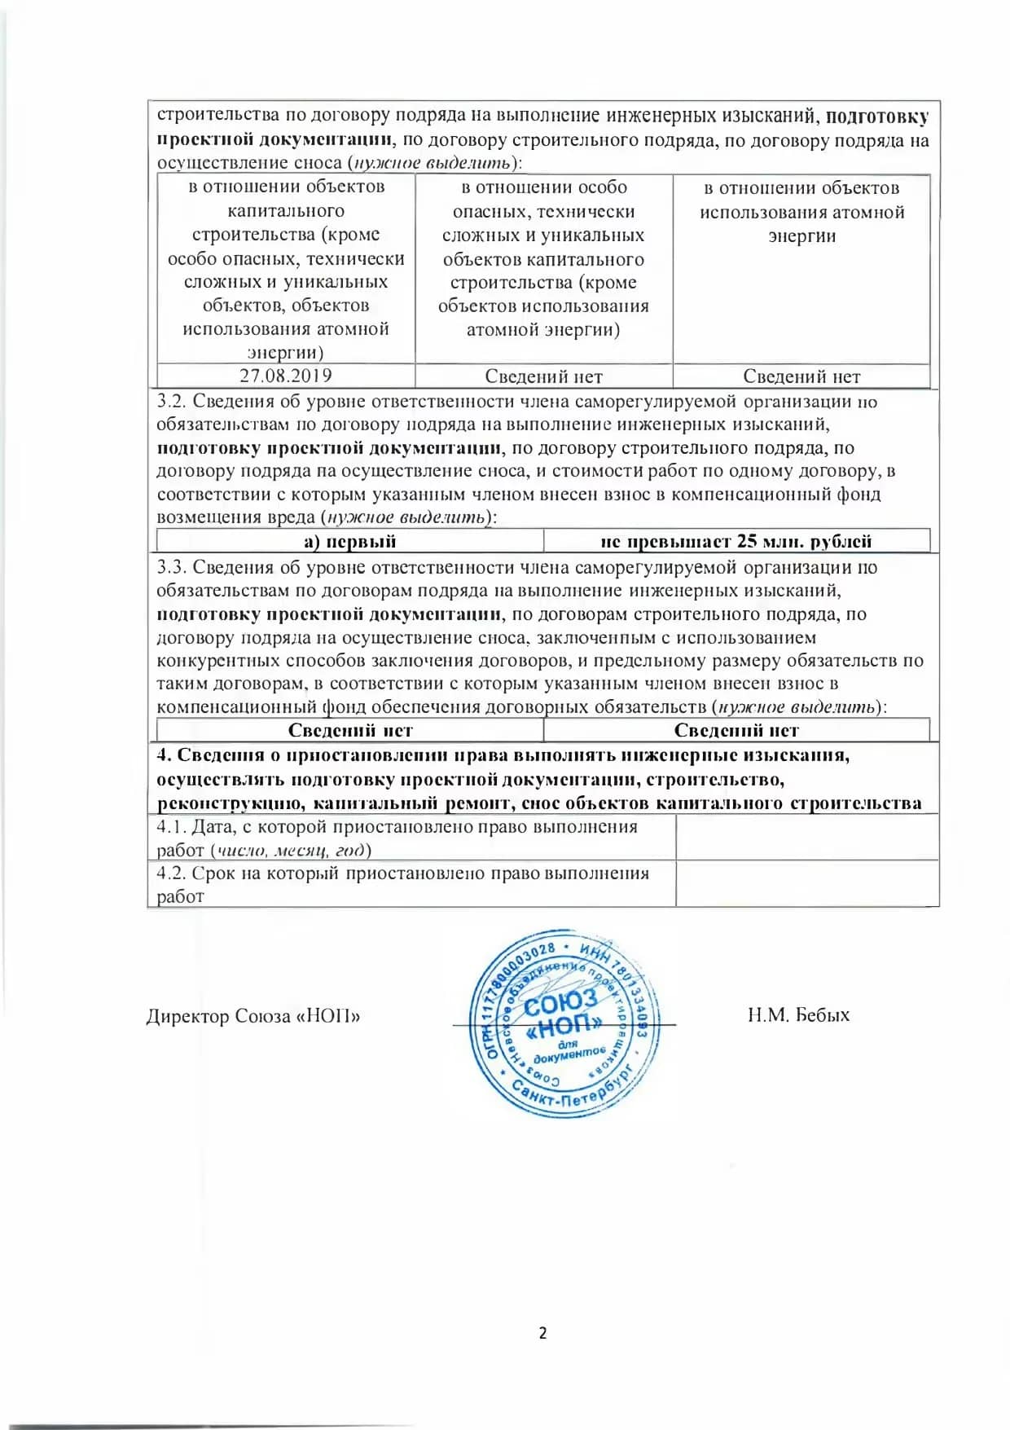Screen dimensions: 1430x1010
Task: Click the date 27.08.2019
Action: pos(286,376)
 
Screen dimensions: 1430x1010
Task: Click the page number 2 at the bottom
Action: pos(542,1333)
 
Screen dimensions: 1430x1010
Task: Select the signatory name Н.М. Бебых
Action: pos(798,1015)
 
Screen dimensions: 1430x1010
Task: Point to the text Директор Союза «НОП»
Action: pos(253,1016)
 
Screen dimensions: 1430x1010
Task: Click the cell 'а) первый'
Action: pos(349,541)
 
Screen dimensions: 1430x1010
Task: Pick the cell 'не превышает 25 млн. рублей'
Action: pos(736,541)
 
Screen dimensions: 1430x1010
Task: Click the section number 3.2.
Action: pos(171,401)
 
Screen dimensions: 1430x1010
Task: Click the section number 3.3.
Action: pos(171,567)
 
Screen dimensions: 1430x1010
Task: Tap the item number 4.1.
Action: pos(171,827)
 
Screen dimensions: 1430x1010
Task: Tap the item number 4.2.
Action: pos(171,873)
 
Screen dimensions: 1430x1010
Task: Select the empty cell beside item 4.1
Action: pos(806,838)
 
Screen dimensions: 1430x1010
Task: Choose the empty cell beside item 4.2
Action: pos(806,884)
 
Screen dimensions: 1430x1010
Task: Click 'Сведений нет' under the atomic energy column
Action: pos(801,376)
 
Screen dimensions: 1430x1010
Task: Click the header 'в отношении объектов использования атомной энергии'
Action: pos(801,212)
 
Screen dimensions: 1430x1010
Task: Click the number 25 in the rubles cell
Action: pos(747,541)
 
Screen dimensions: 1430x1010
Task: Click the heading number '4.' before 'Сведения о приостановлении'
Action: pos(163,755)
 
